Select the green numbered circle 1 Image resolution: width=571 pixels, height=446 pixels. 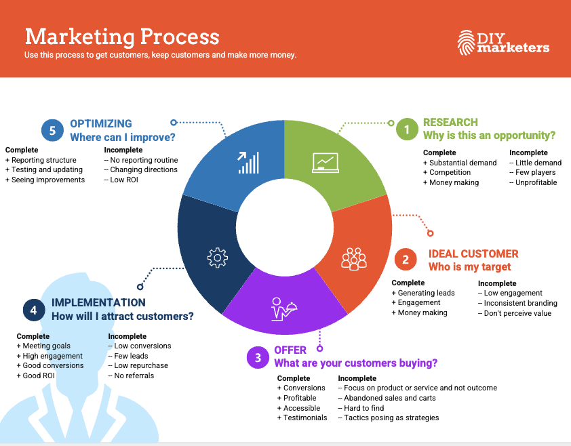tap(407, 129)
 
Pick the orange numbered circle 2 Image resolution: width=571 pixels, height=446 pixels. tap(406, 260)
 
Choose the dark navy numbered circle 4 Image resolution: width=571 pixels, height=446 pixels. tap(33, 310)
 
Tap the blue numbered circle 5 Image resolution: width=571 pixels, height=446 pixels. tap(52, 130)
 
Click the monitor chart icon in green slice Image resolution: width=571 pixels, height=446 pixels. tap(325, 161)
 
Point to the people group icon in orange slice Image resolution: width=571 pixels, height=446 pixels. tap(353, 259)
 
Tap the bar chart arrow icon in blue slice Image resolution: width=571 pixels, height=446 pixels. tap(248, 162)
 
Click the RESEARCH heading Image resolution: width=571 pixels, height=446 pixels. tap(450, 123)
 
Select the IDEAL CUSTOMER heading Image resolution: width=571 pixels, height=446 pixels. tap(473, 254)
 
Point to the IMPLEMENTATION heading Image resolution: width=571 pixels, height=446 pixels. tap(98, 303)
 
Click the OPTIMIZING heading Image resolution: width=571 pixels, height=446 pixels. tap(101, 124)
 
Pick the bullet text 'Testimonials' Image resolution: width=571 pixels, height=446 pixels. tap(305, 418)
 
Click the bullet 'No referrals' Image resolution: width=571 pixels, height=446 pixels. tap(134, 376)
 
